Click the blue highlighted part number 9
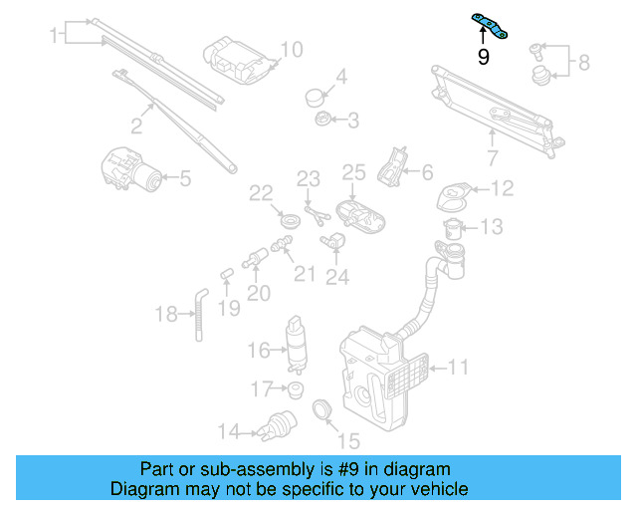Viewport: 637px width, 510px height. (491, 26)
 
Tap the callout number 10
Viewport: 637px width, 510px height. (290, 49)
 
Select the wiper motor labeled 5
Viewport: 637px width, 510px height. (135, 170)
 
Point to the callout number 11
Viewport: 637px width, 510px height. (457, 368)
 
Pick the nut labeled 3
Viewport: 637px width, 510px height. (322, 121)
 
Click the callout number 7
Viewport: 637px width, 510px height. (492, 157)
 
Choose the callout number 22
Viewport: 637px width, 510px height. (261, 192)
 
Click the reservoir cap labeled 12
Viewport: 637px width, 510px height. (453, 194)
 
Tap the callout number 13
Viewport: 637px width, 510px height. (493, 228)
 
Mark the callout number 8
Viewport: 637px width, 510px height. (584, 63)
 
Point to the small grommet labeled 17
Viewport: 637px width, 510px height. (294, 386)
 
